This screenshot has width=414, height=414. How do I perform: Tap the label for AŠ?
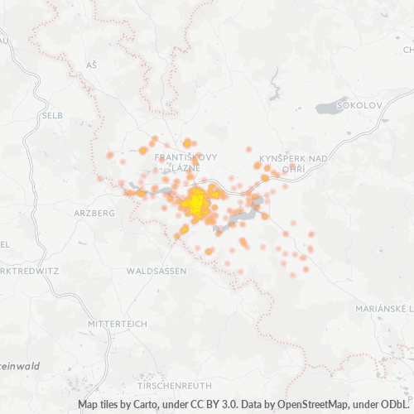[x=91, y=65]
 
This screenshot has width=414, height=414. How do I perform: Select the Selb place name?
[x=51, y=115]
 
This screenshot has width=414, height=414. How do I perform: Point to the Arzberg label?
[x=94, y=213]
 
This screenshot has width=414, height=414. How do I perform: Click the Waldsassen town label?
[x=157, y=271]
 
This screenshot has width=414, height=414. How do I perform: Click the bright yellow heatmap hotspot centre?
[x=197, y=204]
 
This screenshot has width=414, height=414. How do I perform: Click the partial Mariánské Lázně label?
[x=386, y=309]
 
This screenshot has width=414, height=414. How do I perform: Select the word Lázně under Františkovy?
[x=184, y=168]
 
